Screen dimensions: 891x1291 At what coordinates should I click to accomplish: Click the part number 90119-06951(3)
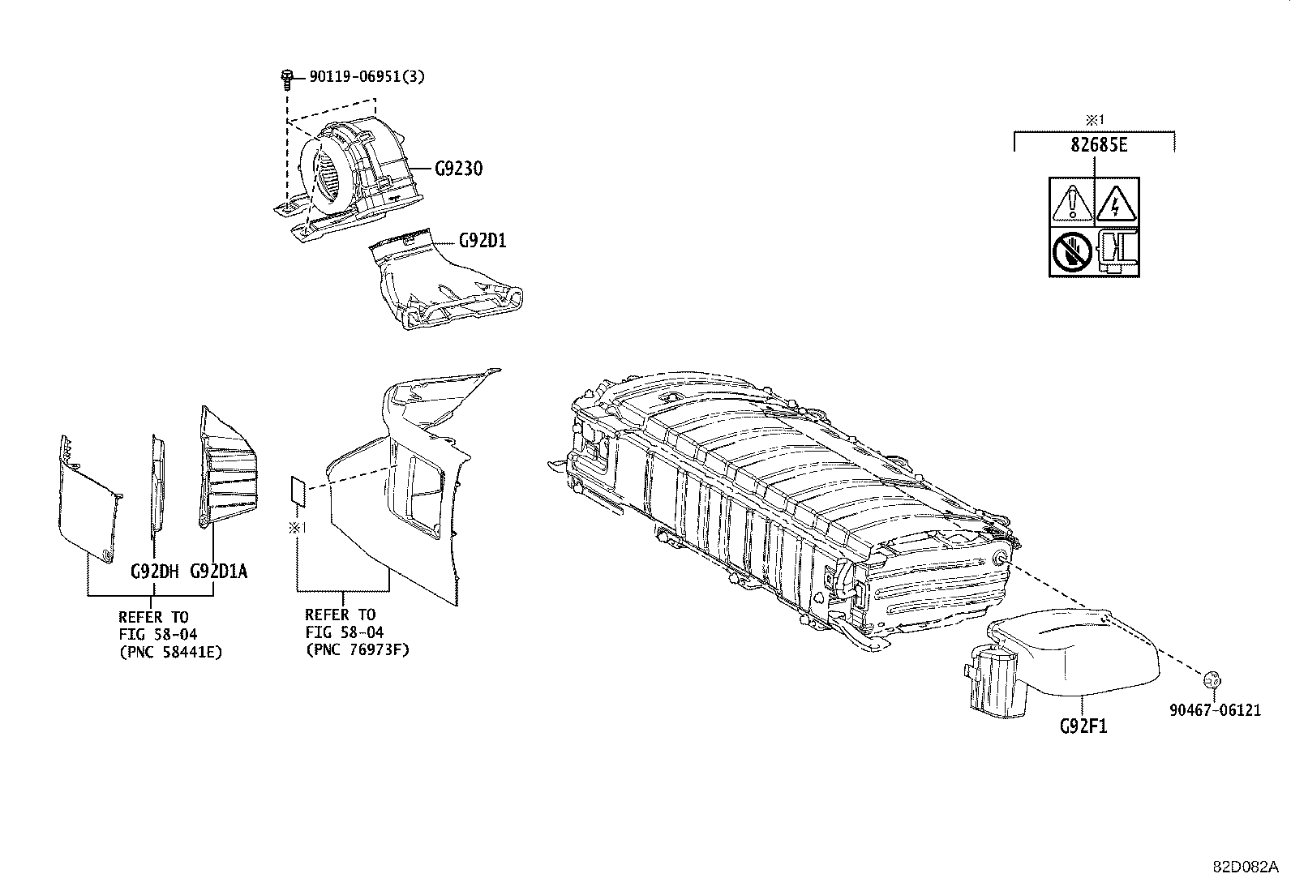[x=367, y=77]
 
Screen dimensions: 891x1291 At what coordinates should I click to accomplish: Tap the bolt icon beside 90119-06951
[x=287, y=77]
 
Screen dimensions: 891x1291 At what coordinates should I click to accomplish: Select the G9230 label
[x=458, y=169]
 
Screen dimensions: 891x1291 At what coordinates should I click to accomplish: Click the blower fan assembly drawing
[x=349, y=174]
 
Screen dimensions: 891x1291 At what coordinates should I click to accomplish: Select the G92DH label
[x=154, y=572]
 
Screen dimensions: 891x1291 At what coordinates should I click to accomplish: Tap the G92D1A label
[x=218, y=572]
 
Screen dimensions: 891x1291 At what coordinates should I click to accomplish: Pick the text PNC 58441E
[x=171, y=651]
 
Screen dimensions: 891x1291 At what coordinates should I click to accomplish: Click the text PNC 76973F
[x=357, y=649]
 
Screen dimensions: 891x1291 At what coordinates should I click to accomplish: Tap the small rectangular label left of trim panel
[x=298, y=490]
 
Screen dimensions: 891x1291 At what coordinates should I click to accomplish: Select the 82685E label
[x=1095, y=147]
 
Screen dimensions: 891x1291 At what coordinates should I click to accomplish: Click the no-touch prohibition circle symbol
[x=1072, y=251]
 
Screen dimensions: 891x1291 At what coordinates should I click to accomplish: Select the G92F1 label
[x=1083, y=726]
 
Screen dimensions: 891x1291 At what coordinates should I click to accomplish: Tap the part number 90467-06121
[x=1215, y=710]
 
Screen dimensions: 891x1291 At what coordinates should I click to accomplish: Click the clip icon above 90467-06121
[x=1212, y=679]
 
